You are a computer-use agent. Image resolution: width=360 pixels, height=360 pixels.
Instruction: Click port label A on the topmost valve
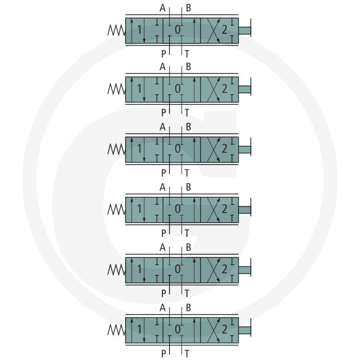coord(162,8)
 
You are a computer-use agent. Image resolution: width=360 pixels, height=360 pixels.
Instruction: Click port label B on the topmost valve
coord(188,8)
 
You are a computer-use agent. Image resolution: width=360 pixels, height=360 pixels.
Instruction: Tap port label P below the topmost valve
coord(163,54)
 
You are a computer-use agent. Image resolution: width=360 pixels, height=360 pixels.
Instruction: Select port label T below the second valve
coord(187,113)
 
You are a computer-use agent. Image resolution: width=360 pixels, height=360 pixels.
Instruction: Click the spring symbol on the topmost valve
coord(117,30)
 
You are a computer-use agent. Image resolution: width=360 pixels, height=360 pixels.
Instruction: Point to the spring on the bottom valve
coord(117,330)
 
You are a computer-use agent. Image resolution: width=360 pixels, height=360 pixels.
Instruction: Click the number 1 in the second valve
coord(139,89)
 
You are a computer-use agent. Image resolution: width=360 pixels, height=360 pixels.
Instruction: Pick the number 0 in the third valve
coord(178,149)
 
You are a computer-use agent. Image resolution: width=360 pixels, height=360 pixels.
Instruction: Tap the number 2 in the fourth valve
coord(224,209)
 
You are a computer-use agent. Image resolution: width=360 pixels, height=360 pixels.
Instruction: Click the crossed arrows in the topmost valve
coord(213,31)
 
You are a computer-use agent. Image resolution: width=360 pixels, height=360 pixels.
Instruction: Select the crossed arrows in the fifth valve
coord(213,270)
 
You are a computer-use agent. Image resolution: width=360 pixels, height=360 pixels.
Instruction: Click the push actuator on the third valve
coord(245,149)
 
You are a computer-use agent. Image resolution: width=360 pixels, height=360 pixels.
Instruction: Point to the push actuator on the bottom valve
coord(245,330)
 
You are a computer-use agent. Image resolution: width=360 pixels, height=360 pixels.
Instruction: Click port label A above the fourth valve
coord(162,187)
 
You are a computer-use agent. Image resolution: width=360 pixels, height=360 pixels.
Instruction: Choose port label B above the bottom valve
coord(188,308)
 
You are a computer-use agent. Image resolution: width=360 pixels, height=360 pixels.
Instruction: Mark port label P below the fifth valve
coord(163,293)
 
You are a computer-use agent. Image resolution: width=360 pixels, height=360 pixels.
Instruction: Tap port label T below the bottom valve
coord(187,354)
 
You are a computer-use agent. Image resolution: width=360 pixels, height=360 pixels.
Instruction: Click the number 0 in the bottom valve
coord(178,330)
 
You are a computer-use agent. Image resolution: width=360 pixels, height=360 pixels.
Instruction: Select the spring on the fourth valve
coord(117,209)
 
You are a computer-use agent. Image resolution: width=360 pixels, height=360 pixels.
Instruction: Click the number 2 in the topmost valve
coord(224,30)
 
